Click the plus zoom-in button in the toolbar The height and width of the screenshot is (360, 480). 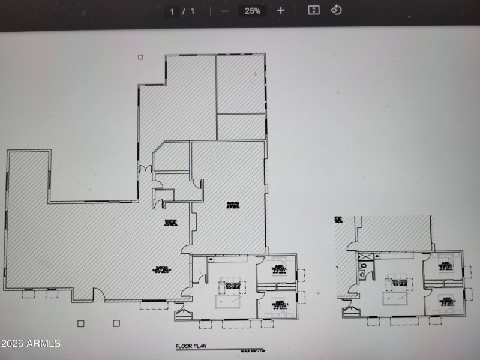(x=281, y=11)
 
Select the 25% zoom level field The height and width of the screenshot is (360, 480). (x=253, y=11)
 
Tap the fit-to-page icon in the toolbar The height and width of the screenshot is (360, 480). (x=313, y=10)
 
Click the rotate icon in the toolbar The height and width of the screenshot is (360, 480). (x=336, y=10)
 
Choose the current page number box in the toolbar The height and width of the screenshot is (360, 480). (x=172, y=11)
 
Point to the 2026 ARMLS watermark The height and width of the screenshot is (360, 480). (x=31, y=343)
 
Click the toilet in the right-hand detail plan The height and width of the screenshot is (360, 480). (x=362, y=266)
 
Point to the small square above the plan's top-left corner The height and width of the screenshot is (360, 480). (x=140, y=58)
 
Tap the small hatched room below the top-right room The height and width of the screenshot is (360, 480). (x=241, y=127)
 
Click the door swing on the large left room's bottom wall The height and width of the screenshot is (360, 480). (x=97, y=295)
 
